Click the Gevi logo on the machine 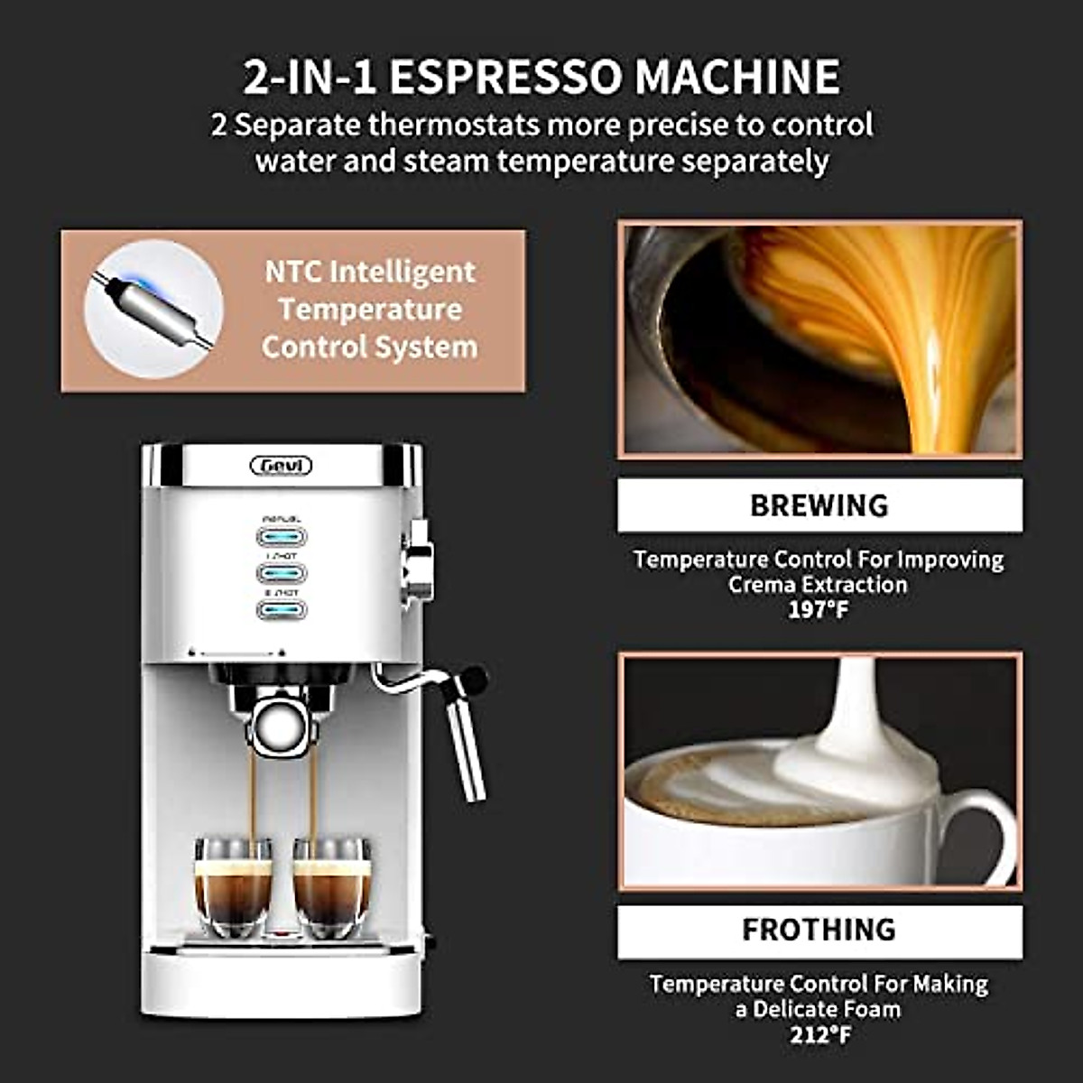click(281, 466)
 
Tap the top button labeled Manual click(282, 536)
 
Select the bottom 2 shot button click(282, 610)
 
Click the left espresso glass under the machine click(233, 890)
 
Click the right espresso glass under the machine click(331, 890)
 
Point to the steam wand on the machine click(465, 740)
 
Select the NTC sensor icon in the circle click(153, 310)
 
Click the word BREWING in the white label click(819, 505)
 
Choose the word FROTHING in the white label click(819, 930)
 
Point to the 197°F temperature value click(819, 610)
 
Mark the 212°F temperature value click(819, 1034)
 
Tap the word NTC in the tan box click(293, 272)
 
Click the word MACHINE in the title click(736, 77)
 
